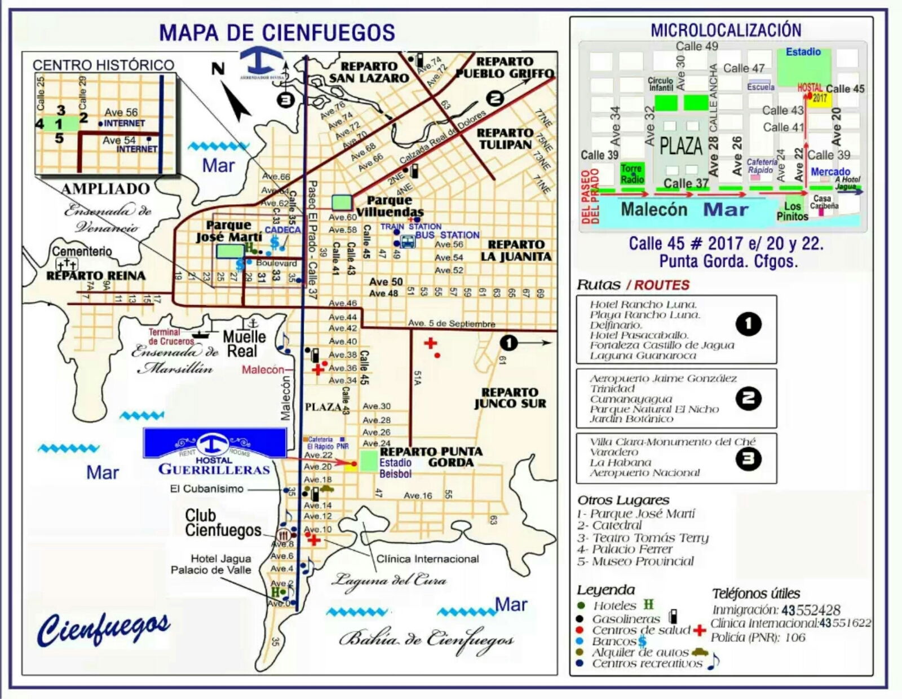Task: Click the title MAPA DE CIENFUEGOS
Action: tap(277, 32)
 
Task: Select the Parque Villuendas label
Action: tap(390, 206)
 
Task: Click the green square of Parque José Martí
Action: tap(230, 251)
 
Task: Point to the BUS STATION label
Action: tap(448, 235)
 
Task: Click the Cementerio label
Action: tap(82, 251)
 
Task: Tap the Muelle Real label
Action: tap(244, 344)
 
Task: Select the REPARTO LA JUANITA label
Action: tap(516, 250)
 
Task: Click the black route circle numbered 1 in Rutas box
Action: tap(748, 324)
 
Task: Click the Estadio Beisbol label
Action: tap(395, 468)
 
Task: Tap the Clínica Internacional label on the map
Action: tap(427, 559)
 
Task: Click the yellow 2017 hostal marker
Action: tap(820, 98)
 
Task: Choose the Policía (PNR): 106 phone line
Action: tap(758, 638)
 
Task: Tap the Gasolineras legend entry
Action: tap(626, 618)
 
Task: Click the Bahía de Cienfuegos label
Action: tap(426, 640)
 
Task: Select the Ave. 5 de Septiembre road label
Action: tap(452, 324)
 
